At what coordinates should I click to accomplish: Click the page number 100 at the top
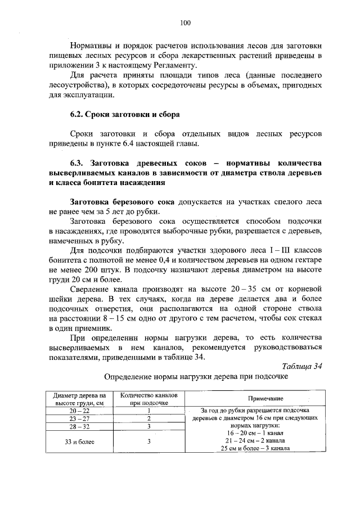point(186,22)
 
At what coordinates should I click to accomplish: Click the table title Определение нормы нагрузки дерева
point(196,375)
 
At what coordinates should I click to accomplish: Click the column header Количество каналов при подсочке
point(150,399)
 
